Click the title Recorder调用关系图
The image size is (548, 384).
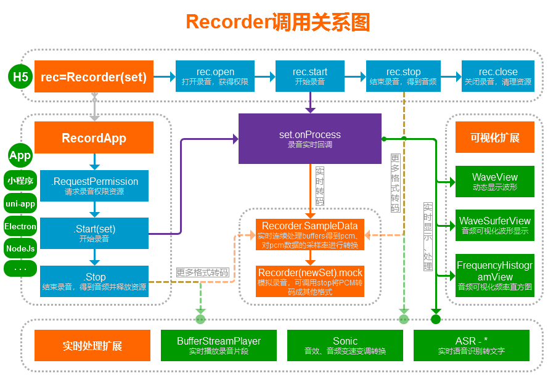277,22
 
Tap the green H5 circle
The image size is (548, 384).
21,77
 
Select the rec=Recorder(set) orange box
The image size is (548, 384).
94,77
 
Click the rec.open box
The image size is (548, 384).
215,76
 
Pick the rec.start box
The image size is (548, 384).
310,76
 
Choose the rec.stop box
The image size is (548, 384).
404,76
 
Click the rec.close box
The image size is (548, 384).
498,76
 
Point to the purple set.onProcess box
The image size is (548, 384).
310,139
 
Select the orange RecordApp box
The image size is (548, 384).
94,137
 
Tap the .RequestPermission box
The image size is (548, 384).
94,186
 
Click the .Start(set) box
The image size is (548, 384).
94,234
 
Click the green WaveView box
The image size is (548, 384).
495,181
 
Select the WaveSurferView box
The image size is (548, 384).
495,225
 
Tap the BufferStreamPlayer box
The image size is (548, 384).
219,345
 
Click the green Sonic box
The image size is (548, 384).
345,345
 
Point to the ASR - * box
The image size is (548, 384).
472,345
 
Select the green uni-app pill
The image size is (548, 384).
20,203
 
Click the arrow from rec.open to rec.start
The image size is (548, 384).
264,76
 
